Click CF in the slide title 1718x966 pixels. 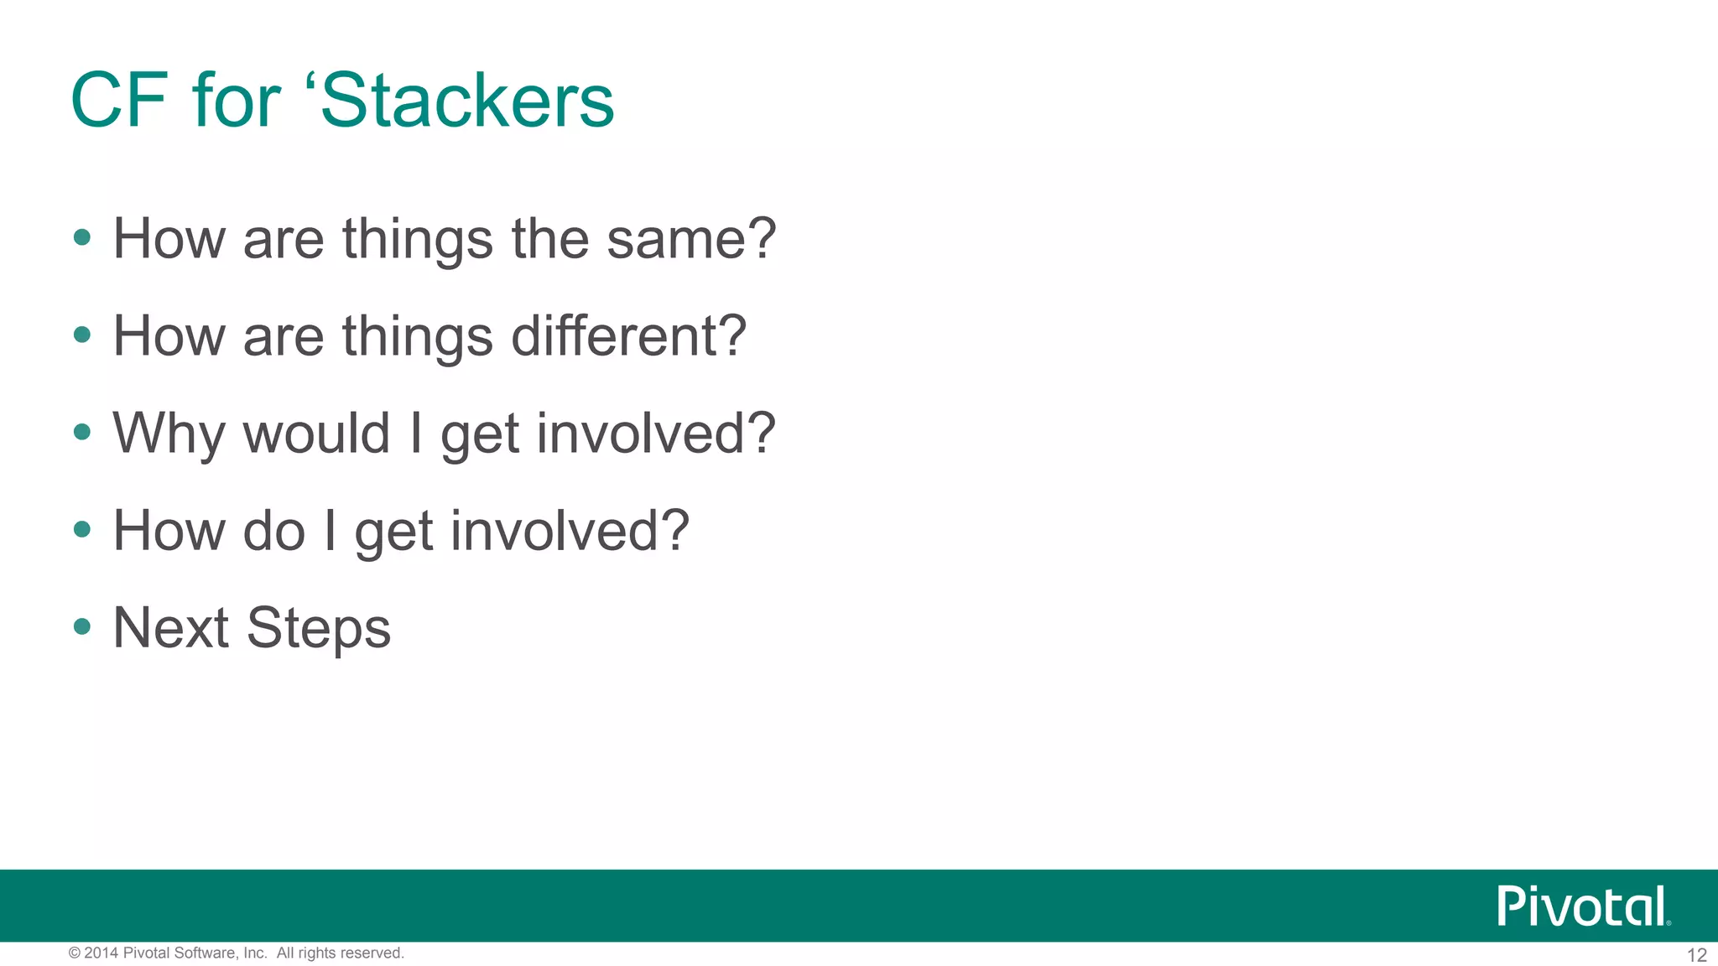point(119,101)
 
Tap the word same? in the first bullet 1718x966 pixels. point(691,239)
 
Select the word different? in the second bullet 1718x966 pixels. point(628,336)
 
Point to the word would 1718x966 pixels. point(317,434)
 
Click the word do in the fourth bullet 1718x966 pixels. point(273,531)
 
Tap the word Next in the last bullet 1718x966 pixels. point(171,628)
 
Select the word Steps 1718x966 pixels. point(319,630)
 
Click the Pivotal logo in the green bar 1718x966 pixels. point(1583,906)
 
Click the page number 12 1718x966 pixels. point(1696,955)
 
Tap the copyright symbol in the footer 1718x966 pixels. point(75,953)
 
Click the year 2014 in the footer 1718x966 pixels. point(102,953)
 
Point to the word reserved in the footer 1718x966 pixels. point(372,953)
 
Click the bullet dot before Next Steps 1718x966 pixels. point(82,626)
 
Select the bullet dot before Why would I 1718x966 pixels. point(82,432)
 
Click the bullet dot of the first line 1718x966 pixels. point(82,237)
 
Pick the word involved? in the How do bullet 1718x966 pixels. point(570,531)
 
